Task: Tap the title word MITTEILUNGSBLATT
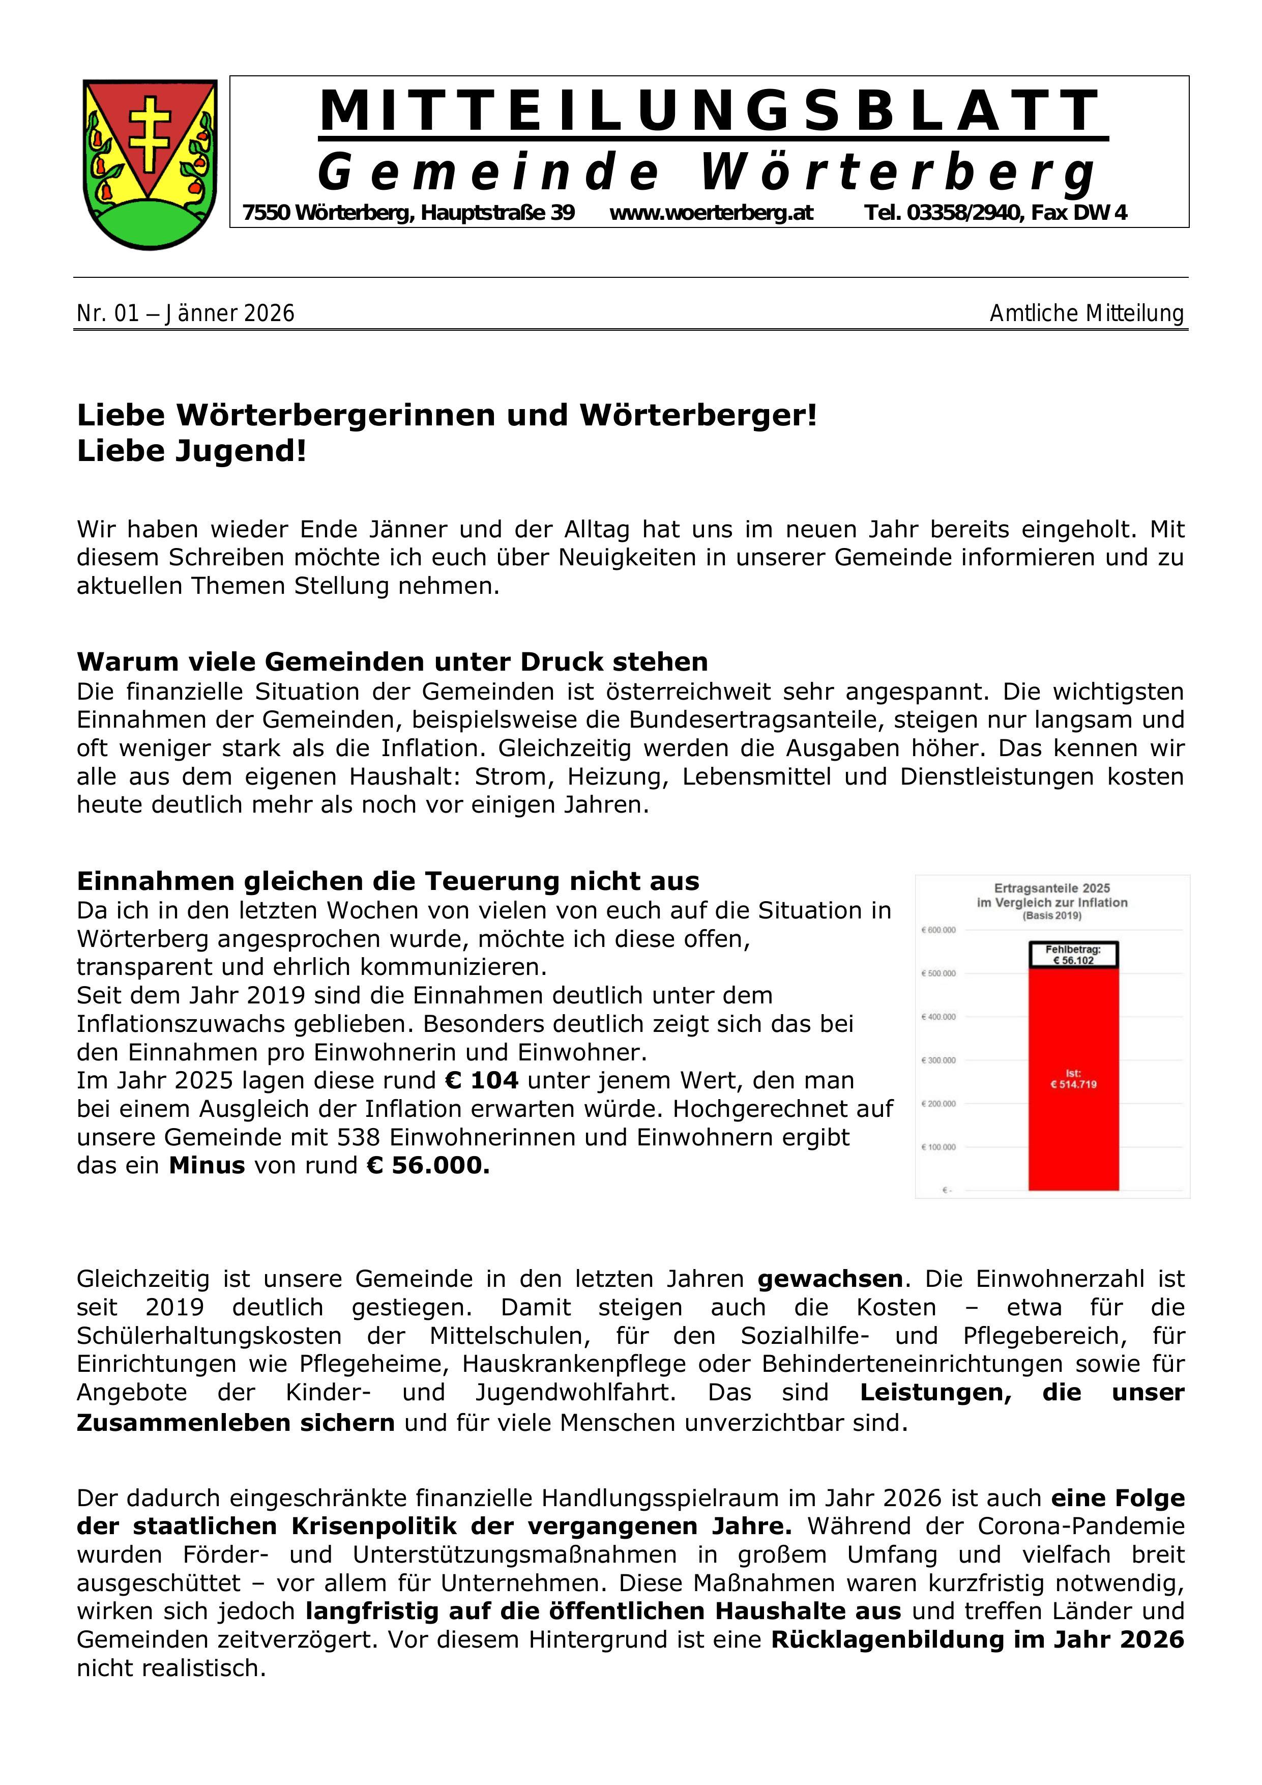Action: coord(711,111)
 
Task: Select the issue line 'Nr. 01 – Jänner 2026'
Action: coord(186,314)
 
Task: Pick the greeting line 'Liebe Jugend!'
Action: coord(192,451)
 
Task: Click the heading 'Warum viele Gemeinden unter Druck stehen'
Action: coord(392,661)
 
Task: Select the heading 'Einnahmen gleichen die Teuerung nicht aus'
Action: coord(388,881)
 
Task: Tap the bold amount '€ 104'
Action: coord(481,1081)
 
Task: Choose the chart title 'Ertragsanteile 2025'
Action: coord(1052,888)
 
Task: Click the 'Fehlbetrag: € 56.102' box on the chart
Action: coord(1073,955)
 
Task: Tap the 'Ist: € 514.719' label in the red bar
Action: coord(1073,1079)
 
